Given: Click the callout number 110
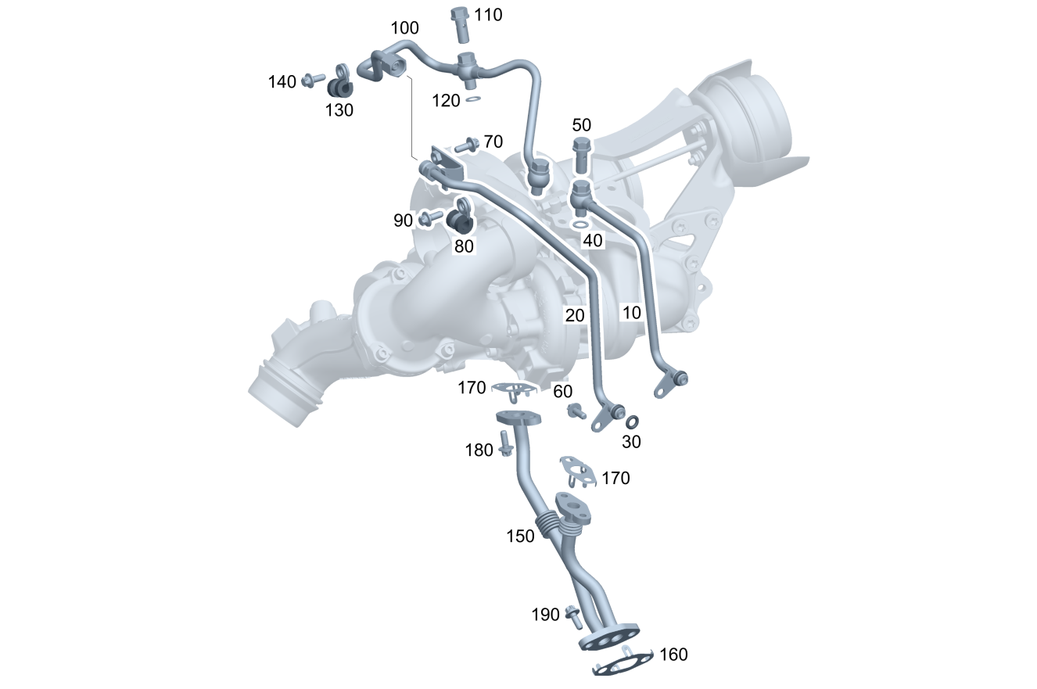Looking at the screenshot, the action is [488, 15].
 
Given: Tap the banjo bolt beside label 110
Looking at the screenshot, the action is [460, 24].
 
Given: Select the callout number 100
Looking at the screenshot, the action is [404, 28].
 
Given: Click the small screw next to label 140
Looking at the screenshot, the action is [314, 80].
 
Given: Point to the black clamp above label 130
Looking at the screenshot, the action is [340, 84].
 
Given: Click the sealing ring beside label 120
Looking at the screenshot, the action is [472, 99].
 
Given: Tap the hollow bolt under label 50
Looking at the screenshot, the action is [582, 155].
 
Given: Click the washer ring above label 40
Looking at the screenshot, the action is [580, 225].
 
